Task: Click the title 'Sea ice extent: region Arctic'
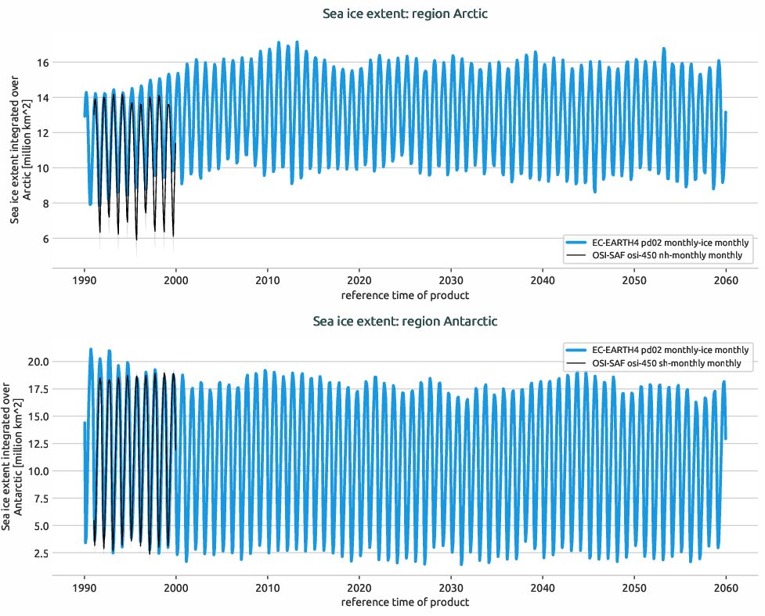click(x=406, y=14)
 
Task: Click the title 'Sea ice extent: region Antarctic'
click(x=405, y=321)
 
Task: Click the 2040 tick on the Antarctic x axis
click(x=543, y=588)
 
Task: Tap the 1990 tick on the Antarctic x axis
click(x=85, y=588)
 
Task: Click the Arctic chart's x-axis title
click(x=405, y=295)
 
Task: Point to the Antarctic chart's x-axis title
click(x=405, y=602)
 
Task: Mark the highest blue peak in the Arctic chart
click(x=297, y=42)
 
